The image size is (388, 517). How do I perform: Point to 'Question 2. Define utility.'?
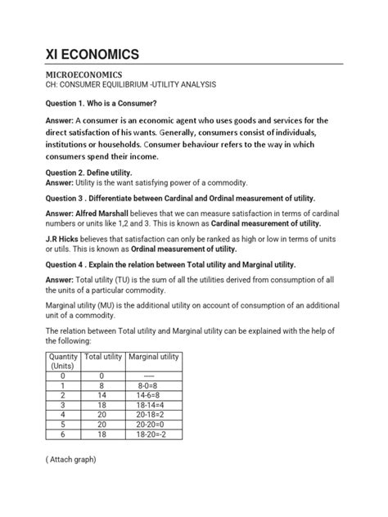88,172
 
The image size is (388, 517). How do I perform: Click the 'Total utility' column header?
102,357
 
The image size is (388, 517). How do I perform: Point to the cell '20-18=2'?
153,416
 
